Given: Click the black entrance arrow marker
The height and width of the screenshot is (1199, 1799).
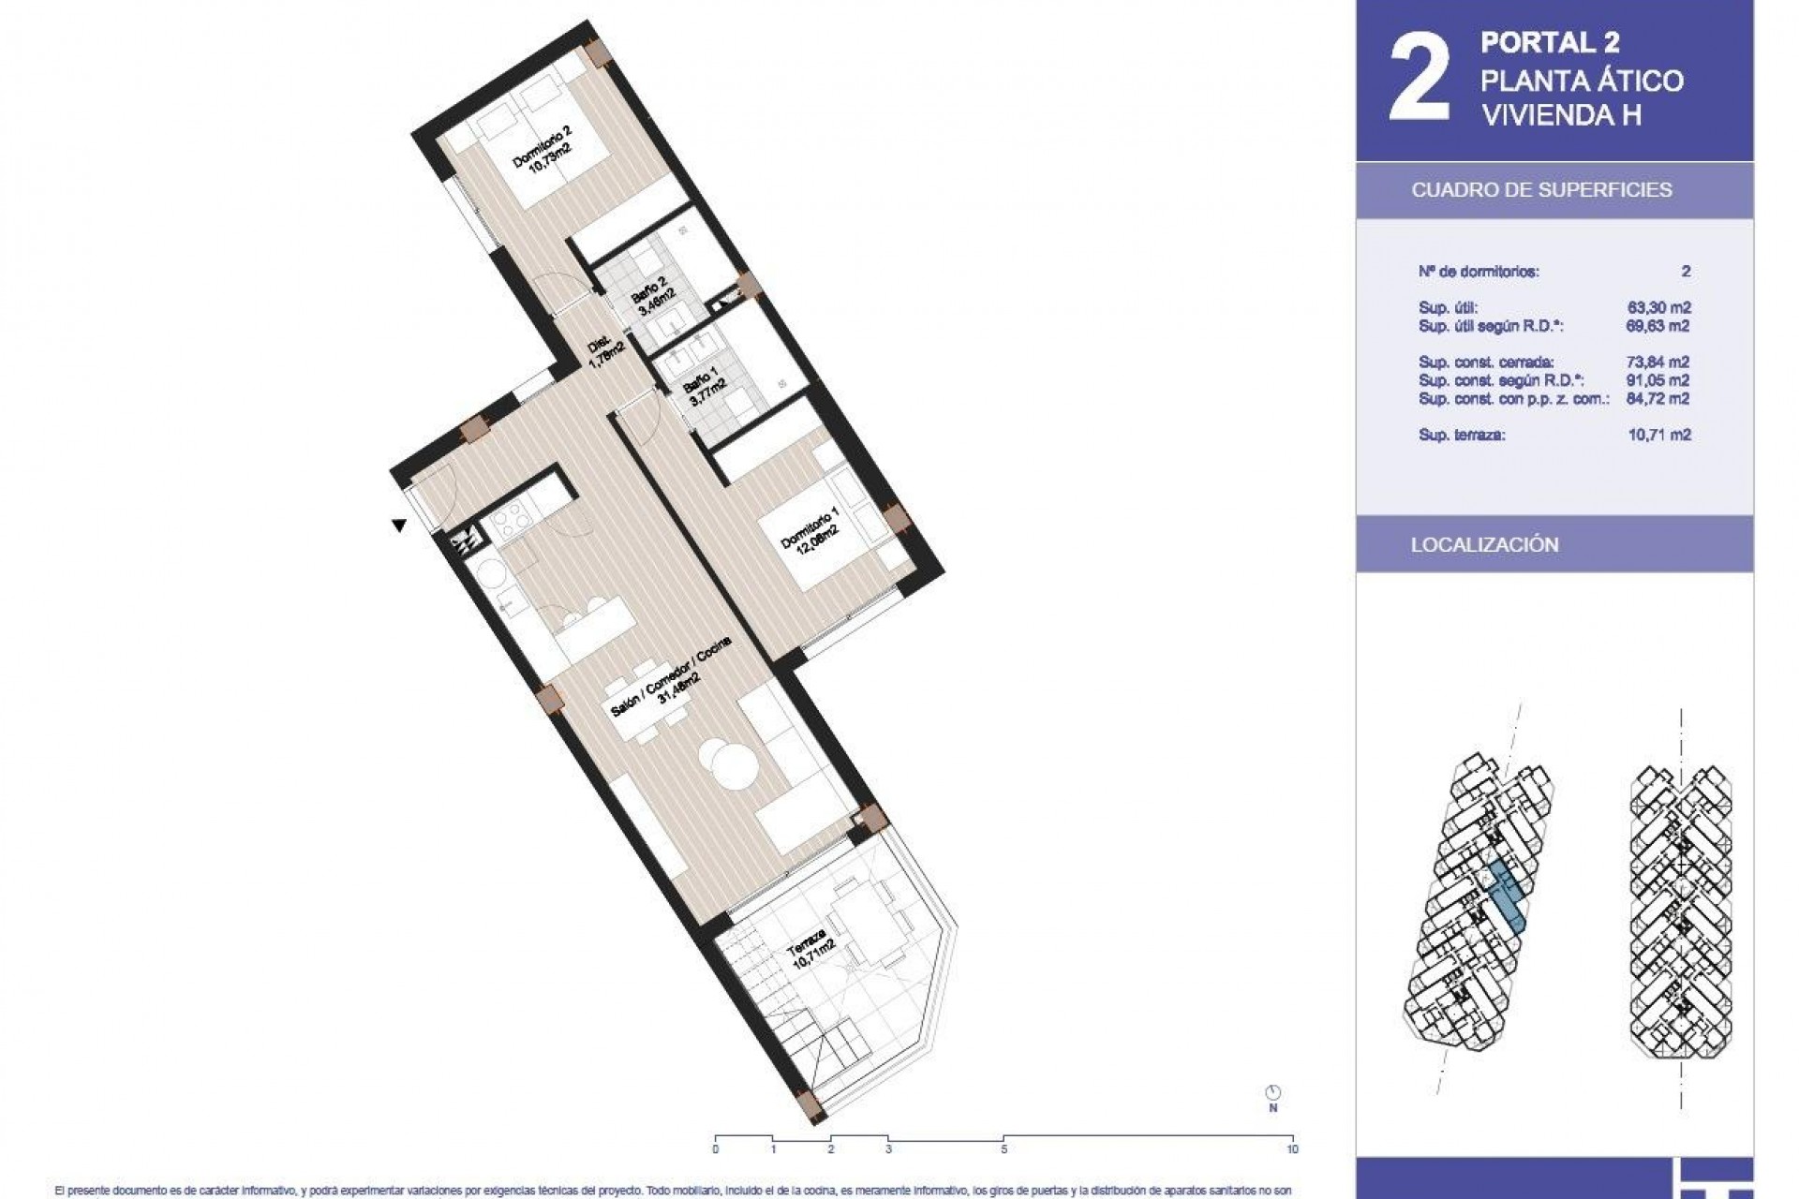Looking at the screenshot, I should coord(399,526).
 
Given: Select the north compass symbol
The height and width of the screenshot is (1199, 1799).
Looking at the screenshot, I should coord(1272,1092).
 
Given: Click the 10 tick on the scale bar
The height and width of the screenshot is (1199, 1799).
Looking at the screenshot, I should coord(1292,1149).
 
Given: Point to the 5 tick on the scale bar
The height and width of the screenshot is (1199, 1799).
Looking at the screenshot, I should coord(1004,1149).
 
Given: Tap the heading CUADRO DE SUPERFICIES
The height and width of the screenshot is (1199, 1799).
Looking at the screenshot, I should coord(1541,190).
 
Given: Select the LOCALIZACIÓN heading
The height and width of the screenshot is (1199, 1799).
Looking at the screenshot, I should coord(1484,545).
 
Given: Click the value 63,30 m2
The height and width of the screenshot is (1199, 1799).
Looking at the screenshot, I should coord(1658,307).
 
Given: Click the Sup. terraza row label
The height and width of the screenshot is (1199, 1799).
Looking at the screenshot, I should coord(1462,435).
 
